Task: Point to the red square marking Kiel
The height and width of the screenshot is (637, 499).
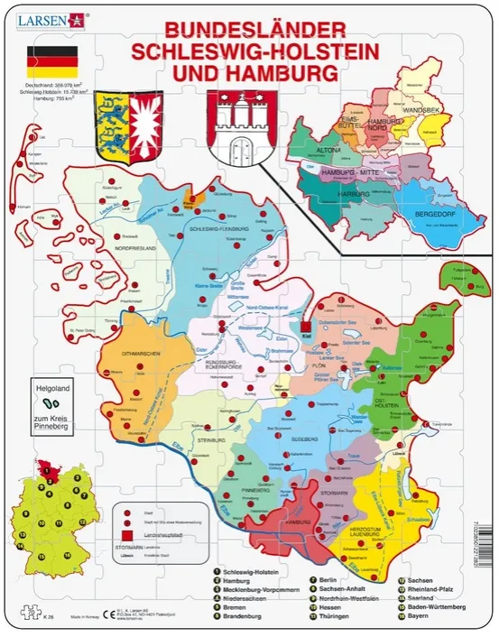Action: (306, 328)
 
